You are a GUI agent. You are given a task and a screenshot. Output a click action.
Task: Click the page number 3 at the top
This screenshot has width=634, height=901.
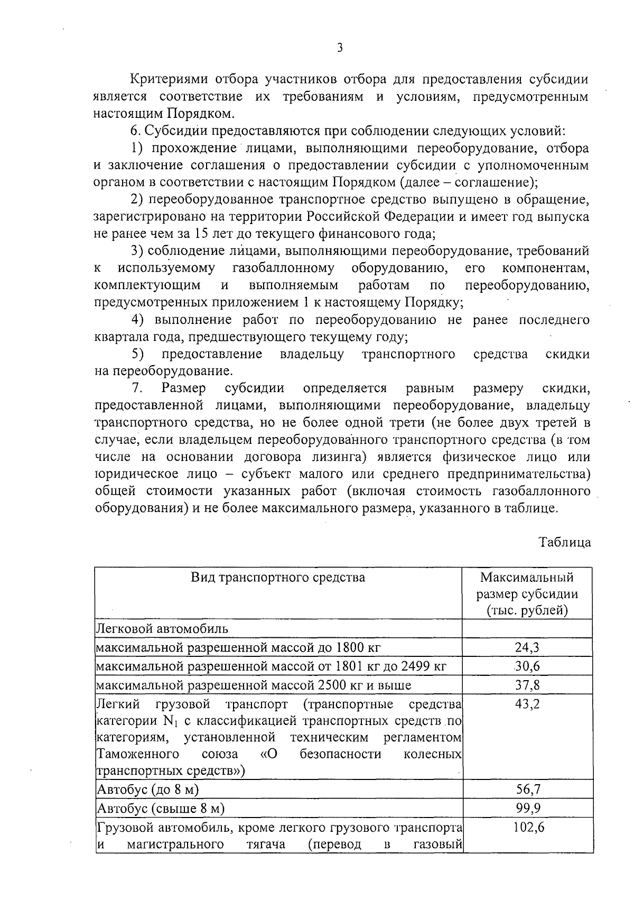click(340, 48)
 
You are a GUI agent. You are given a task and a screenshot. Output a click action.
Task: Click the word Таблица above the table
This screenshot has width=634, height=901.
click(564, 542)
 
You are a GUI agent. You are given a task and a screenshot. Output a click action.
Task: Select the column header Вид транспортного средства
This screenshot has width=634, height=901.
click(278, 577)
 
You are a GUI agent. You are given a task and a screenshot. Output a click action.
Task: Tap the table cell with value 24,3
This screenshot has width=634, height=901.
click(527, 647)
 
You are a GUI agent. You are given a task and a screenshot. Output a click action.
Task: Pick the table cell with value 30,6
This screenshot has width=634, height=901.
click(527, 666)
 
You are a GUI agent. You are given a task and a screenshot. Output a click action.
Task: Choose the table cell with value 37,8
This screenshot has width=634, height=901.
click(527, 685)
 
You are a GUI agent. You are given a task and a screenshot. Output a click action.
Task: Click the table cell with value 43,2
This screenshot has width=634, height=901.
click(527, 704)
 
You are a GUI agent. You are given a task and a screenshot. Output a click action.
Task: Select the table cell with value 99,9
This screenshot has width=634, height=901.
click(527, 808)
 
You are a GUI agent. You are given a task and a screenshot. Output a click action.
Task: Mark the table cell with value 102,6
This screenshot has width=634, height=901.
click(527, 827)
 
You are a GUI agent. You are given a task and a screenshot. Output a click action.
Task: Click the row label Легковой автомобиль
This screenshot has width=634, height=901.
click(162, 628)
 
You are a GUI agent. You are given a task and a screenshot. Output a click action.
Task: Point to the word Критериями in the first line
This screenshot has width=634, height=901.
click(167, 79)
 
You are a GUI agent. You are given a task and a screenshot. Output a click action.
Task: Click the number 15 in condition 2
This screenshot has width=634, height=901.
click(201, 234)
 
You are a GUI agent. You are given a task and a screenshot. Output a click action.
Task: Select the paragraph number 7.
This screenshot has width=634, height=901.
click(137, 388)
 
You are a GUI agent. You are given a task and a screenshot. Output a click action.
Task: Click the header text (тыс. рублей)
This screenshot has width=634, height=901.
click(527, 610)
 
